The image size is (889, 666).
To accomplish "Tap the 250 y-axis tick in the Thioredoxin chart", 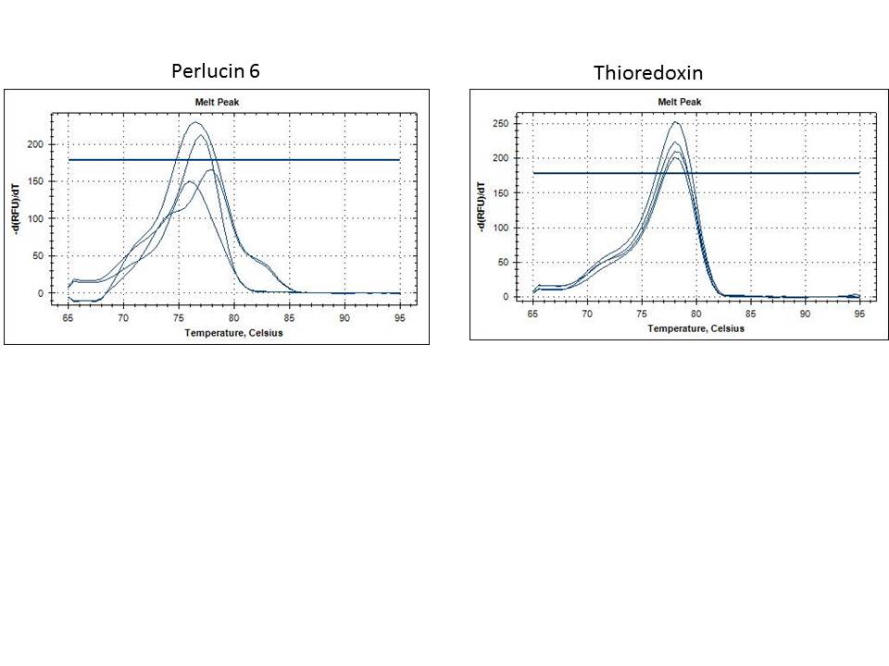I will point(502,124).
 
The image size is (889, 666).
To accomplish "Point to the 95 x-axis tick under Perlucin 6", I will point(399,317).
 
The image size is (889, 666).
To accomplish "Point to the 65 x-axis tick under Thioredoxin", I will point(533,315).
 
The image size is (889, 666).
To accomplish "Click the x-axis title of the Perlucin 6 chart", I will point(235,333).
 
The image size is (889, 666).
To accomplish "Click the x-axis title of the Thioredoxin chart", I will point(696,328).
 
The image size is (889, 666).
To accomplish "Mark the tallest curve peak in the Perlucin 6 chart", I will point(195,122).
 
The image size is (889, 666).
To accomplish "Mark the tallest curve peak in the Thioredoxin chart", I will point(676,122).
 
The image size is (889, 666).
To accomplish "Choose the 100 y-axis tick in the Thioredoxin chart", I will point(502,228).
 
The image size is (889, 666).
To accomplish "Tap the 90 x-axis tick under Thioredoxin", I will point(806,315).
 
